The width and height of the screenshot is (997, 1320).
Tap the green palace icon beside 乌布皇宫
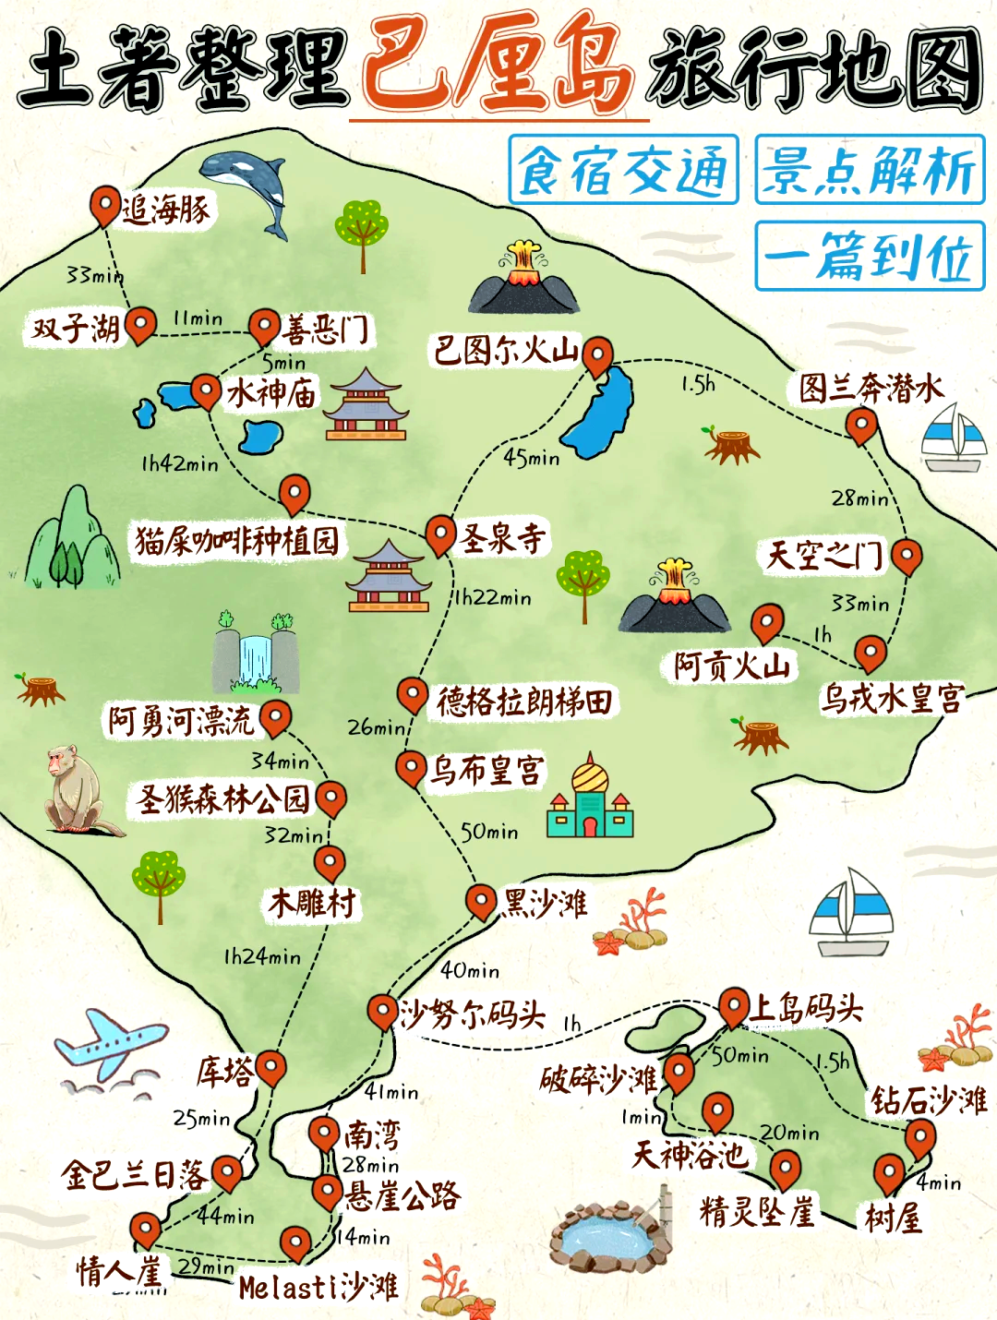click(590, 798)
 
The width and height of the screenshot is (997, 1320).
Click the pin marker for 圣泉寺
click(440, 534)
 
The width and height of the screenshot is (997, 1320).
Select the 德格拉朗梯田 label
click(524, 702)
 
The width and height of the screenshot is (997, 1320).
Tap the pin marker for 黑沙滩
click(480, 900)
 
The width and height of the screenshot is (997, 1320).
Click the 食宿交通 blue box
click(623, 170)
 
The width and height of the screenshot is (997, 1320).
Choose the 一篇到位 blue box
click(870, 257)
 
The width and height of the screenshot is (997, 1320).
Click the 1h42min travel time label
click(180, 463)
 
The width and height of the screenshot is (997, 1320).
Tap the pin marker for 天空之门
click(907, 555)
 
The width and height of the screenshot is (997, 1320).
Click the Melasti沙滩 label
click(318, 1287)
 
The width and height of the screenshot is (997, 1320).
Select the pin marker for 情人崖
click(145, 1230)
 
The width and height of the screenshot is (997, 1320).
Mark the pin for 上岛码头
click(734, 1005)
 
